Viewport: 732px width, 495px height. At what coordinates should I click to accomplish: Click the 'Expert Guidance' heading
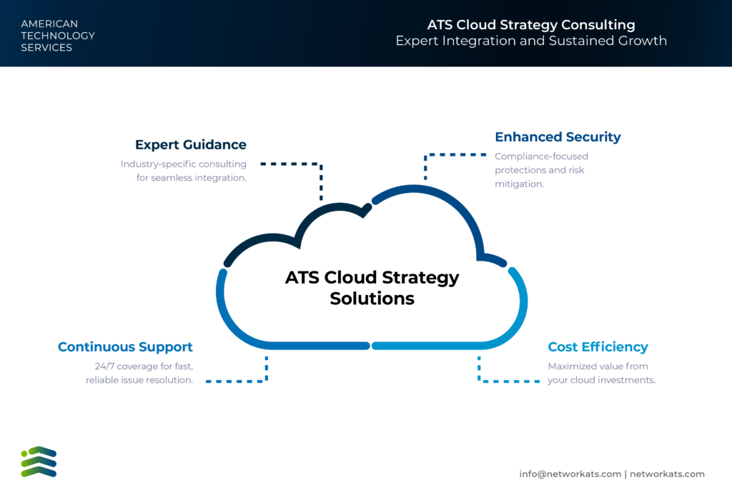(x=190, y=144)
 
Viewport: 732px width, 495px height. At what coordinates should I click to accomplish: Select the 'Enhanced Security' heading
(x=558, y=136)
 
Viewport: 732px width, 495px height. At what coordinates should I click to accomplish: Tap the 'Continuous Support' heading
(x=125, y=347)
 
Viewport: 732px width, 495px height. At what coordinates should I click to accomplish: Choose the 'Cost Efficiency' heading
(x=598, y=347)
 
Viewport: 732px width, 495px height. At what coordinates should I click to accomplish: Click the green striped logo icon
(x=39, y=462)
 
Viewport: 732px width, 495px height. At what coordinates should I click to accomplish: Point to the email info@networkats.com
(x=570, y=474)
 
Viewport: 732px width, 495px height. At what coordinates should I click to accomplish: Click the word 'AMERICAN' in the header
(x=49, y=24)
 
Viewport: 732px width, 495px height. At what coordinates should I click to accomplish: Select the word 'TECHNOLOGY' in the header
(x=58, y=36)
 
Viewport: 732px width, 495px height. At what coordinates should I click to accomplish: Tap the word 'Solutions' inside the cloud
(x=372, y=299)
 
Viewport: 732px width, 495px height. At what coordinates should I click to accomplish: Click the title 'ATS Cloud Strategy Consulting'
(x=531, y=25)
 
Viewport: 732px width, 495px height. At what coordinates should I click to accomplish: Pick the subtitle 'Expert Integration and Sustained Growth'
(x=531, y=41)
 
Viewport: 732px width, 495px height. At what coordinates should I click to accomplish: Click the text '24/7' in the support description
(x=104, y=366)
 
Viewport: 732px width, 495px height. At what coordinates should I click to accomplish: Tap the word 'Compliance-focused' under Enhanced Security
(x=542, y=156)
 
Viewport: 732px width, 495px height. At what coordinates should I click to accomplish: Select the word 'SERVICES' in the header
(x=46, y=48)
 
